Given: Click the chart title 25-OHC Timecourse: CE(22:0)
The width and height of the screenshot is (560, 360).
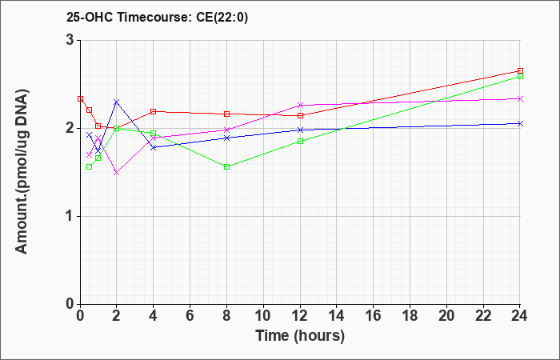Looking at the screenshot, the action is pyautogui.click(x=157, y=17).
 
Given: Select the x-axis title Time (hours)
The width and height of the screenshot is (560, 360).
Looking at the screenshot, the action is pyautogui.click(x=300, y=336).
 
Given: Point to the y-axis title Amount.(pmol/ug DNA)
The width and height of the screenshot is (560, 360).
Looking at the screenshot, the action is pyautogui.click(x=22, y=172).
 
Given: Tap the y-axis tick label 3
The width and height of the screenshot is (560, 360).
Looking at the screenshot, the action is pyautogui.click(x=71, y=40).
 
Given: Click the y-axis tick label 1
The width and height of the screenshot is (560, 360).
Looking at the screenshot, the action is pyautogui.click(x=71, y=217).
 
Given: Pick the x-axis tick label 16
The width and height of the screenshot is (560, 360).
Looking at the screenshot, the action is pyautogui.click(x=374, y=316).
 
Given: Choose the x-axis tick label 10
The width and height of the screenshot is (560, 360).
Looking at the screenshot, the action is pyautogui.click(x=263, y=316).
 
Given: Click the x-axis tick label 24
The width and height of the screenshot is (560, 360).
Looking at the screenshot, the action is pyautogui.click(x=520, y=316).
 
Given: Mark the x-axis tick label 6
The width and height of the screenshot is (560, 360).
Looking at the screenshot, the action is pyautogui.click(x=190, y=316).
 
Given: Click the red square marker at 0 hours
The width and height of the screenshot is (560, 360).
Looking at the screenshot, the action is pyautogui.click(x=80, y=98).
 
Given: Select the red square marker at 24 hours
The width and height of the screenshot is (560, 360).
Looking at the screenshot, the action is pyautogui.click(x=520, y=70).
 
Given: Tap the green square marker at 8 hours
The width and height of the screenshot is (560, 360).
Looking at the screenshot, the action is pyautogui.click(x=226, y=166).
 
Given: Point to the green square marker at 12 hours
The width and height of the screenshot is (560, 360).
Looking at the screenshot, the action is pyautogui.click(x=300, y=141).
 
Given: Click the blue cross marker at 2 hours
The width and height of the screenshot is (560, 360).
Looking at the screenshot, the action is pyautogui.click(x=117, y=102).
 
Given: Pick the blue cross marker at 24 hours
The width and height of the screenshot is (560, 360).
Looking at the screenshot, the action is pyautogui.click(x=520, y=123).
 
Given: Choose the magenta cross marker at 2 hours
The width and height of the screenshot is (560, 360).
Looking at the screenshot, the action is pyautogui.click(x=117, y=173).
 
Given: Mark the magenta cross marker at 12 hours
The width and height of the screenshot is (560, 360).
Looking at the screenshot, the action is pyautogui.click(x=300, y=105).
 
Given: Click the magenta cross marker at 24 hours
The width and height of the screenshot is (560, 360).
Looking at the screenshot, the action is pyautogui.click(x=520, y=98).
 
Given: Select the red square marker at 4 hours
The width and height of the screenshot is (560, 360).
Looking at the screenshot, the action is pyautogui.click(x=154, y=111).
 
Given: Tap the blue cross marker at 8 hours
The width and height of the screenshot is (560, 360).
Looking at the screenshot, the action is pyautogui.click(x=226, y=138).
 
